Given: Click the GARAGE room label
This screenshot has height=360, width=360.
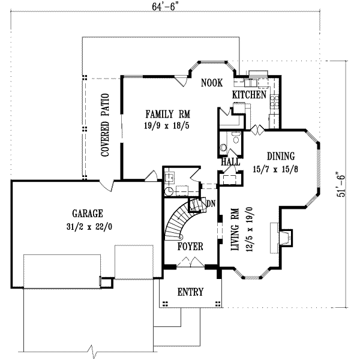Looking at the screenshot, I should coord(88,213).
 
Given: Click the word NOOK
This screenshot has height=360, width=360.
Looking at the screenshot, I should coord(212,83).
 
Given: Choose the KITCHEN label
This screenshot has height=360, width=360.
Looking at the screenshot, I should coord(249,95).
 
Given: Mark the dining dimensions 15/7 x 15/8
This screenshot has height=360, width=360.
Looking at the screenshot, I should coord(277,168).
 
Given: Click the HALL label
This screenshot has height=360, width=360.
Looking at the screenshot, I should coord(230,161).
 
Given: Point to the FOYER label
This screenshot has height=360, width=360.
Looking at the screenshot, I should coord(190,247).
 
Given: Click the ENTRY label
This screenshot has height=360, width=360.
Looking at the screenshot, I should coord(190,292).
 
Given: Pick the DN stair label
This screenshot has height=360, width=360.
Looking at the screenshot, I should coord(210,203).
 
